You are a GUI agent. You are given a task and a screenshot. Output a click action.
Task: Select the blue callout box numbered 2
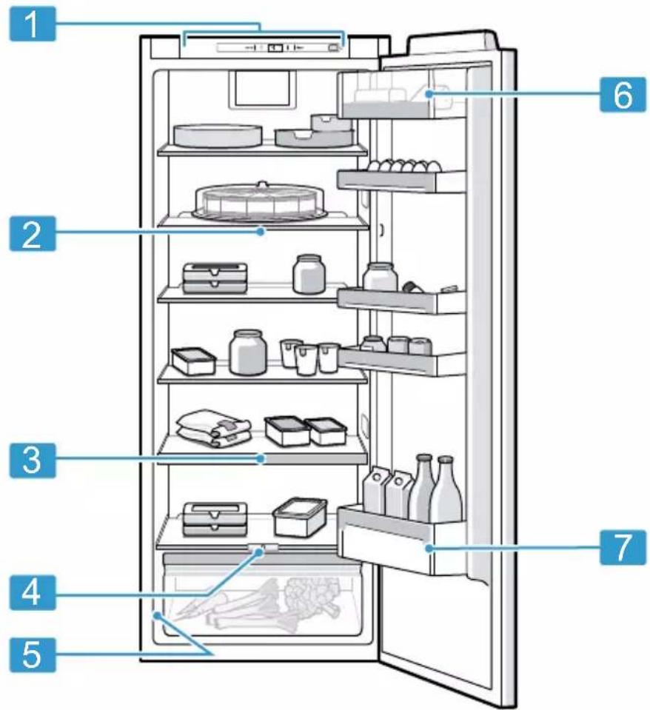click(x=33, y=234)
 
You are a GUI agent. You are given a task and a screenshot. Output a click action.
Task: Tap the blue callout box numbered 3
click(x=33, y=461)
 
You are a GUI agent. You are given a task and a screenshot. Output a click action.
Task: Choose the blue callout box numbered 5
click(x=33, y=655)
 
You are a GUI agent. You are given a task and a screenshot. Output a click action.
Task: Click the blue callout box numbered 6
click(x=623, y=95)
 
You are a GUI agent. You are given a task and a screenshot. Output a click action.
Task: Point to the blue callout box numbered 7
click(x=623, y=547)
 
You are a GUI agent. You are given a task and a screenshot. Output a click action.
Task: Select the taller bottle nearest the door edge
click(x=446, y=489)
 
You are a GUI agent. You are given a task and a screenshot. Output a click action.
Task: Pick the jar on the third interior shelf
click(x=309, y=274)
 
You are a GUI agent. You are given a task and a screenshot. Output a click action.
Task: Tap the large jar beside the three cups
click(x=247, y=352)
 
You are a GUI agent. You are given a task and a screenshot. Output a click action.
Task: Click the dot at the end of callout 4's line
click(x=260, y=552)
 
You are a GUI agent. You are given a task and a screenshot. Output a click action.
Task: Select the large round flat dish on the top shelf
click(x=218, y=135)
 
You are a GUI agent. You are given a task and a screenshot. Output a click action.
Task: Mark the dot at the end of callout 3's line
click(x=261, y=459)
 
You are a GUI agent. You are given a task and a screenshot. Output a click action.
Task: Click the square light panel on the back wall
click(x=262, y=89)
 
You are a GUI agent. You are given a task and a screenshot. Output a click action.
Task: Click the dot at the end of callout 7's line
click(x=428, y=549)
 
